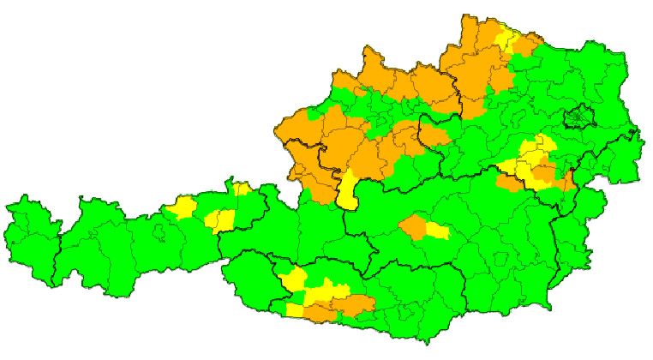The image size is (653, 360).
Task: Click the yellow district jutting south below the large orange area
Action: (347, 193)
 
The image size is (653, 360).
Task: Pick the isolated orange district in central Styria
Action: (413, 227)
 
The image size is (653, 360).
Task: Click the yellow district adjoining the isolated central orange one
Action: (436, 231)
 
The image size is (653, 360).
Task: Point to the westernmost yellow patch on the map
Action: (183, 207)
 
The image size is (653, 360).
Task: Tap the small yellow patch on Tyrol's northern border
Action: (241, 189)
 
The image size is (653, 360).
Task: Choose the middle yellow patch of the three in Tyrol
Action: (220, 220)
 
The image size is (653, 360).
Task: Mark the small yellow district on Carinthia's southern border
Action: (297, 310)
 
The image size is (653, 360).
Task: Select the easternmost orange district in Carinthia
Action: (358, 303)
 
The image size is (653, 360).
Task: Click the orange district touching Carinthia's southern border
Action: (321, 314)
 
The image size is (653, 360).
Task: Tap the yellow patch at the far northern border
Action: (506, 39)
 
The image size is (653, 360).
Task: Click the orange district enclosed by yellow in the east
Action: (543, 174)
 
